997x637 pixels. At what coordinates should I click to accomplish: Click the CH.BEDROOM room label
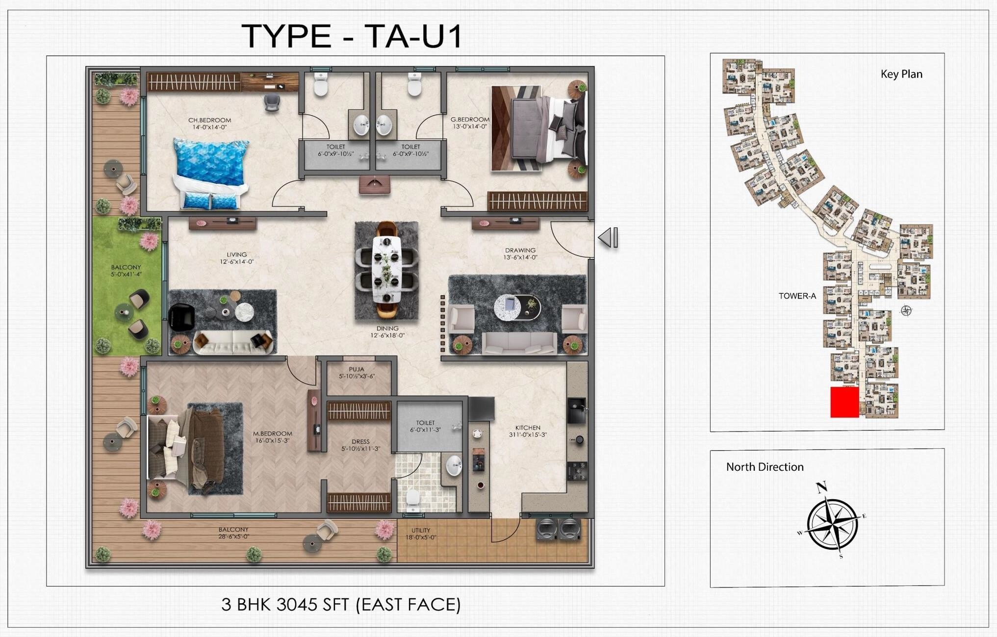[x=209, y=120]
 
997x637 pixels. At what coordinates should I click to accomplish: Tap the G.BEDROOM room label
[x=470, y=120]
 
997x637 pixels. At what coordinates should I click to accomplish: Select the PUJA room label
[x=357, y=369]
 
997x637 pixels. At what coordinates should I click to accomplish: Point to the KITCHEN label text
[x=528, y=428]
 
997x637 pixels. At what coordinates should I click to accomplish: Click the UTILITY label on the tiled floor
[x=421, y=530]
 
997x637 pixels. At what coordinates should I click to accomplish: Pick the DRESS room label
[x=360, y=441]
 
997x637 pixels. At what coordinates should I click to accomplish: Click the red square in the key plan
[x=844, y=402]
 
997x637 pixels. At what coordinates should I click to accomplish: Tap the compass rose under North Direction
[x=832, y=523]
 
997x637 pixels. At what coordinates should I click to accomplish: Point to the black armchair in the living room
[x=181, y=317]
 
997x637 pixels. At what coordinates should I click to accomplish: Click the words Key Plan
[x=901, y=74]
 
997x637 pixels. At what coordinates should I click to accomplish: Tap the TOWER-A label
[x=797, y=296]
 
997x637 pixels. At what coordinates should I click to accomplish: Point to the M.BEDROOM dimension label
[x=272, y=440]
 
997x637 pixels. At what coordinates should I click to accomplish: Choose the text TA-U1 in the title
[x=413, y=36]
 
